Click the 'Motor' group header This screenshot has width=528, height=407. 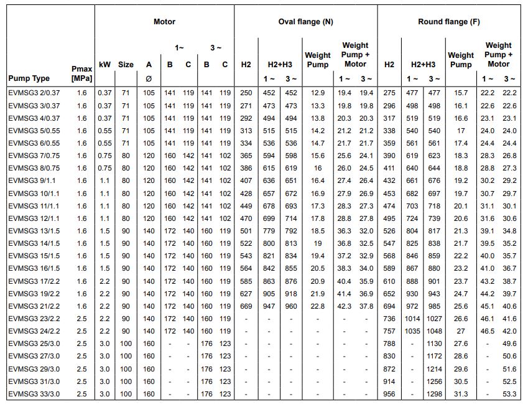(164, 22)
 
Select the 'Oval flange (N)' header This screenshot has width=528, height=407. (305, 22)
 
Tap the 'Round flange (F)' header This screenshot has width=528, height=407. (448, 22)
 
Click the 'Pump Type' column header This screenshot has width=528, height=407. (29, 78)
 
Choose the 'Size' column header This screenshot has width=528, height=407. (126, 64)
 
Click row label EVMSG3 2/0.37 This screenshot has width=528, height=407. (34, 93)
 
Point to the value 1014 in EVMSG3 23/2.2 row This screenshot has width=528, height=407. (412, 319)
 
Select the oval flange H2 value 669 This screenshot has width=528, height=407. (246, 306)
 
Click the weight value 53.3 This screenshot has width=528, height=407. (509, 394)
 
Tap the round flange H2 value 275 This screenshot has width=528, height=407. (389, 93)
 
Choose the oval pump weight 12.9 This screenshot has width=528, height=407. (318, 93)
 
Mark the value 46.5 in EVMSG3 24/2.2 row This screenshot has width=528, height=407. (488, 331)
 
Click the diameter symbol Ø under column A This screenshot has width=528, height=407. (149, 79)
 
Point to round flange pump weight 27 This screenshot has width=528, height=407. (461, 331)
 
